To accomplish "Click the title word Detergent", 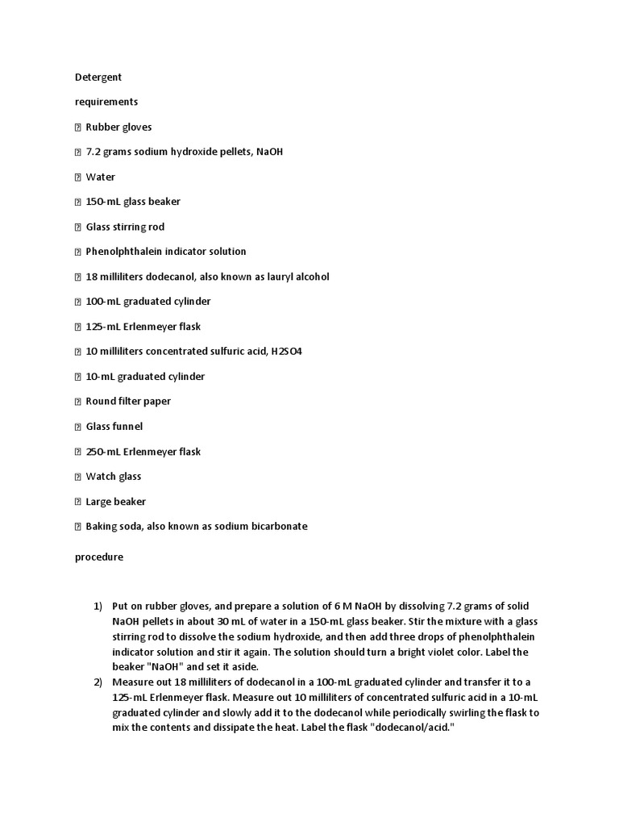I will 98,77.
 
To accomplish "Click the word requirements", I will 106,102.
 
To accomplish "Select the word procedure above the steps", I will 99,557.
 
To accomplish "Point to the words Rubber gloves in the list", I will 118,127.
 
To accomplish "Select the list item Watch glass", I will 114,477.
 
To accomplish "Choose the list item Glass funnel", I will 114,427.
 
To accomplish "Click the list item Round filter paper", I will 128,402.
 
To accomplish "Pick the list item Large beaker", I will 116,502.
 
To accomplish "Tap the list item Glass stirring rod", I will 125,227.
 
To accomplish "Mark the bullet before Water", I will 78,177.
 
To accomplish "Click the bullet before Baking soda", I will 78,527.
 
